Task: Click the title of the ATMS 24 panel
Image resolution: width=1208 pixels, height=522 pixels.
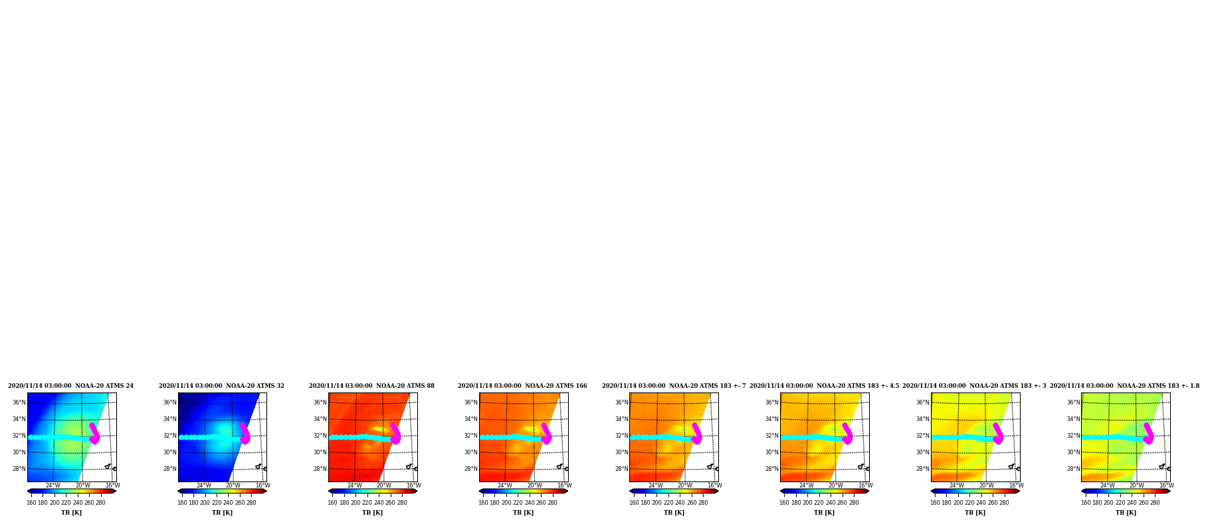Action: pyautogui.click(x=70, y=386)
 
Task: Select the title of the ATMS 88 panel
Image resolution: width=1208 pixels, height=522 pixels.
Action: pyautogui.click(x=371, y=386)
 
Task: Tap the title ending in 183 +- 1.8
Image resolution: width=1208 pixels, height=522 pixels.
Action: pyautogui.click(x=1125, y=386)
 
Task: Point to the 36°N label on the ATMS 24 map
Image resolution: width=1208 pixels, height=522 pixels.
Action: pyautogui.click(x=19, y=402)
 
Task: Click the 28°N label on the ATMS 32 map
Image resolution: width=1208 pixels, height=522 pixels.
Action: pyautogui.click(x=170, y=469)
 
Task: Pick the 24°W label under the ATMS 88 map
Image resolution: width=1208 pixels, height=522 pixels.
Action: pyautogui.click(x=354, y=485)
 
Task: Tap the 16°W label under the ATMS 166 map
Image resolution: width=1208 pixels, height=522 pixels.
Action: pyautogui.click(x=564, y=485)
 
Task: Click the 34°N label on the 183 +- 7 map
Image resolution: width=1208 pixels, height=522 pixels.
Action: pyautogui.click(x=621, y=419)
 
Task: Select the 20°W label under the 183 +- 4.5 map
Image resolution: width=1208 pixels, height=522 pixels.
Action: pyautogui.click(x=835, y=485)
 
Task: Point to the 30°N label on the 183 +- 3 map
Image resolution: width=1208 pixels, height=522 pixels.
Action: pyautogui.click(x=923, y=452)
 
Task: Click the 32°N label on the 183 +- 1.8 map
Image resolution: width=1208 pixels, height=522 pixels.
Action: pyautogui.click(x=1074, y=436)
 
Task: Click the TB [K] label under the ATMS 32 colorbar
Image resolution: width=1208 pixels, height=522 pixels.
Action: pyautogui.click(x=222, y=513)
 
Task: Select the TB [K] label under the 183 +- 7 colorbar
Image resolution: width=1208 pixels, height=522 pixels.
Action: pyautogui.click(x=674, y=513)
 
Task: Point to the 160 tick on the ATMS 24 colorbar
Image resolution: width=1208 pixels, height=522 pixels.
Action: pyautogui.click(x=31, y=503)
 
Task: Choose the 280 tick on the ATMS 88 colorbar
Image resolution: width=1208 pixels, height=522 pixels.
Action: pyautogui.click(x=402, y=503)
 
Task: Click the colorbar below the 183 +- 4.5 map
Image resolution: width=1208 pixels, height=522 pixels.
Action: pyautogui.click(x=825, y=491)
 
